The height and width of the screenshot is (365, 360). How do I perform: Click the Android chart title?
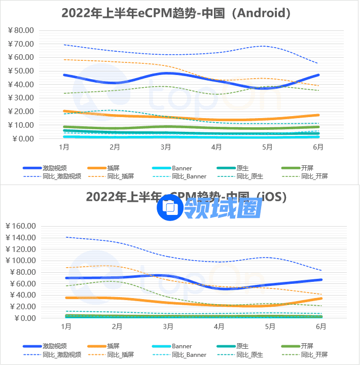pyautogui.click(x=176, y=13)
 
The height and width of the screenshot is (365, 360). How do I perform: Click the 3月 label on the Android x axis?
pyautogui.click(x=166, y=148)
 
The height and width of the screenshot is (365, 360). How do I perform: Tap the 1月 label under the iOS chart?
pyautogui.click(x=66, y=327)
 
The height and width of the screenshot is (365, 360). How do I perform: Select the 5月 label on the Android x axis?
pyautogui.click(x=268, y=148)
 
